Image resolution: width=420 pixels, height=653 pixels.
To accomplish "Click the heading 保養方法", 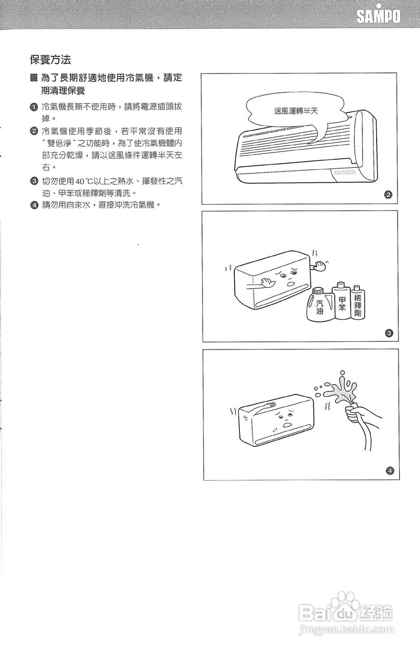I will (x=50, y=60).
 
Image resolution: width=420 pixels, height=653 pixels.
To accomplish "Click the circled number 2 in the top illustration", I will (x=388, y=195).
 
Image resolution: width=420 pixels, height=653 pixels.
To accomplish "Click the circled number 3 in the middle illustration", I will (x=388, y=334).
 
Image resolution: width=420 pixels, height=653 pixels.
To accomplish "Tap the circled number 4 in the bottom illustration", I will (x=389, y=470).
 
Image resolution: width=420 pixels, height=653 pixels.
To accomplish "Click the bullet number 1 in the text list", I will (x=34, y=107).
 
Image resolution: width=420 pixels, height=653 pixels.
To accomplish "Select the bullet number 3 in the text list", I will (x=34, y=181).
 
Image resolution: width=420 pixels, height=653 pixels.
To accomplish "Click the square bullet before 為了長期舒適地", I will (x=34, y=78).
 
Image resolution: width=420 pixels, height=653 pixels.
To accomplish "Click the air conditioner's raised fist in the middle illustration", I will (x=320, y=264).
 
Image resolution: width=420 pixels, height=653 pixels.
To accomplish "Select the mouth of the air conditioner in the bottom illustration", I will (x=288, y=424).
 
